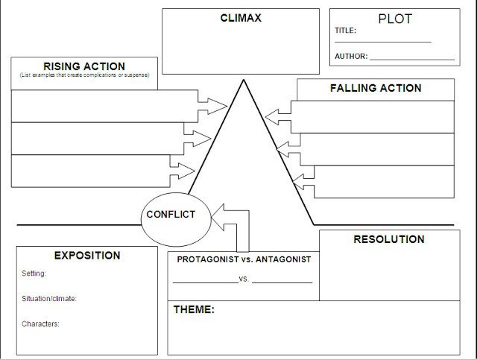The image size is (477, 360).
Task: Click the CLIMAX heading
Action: [241, 18]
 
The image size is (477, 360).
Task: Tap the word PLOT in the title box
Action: [395, 19]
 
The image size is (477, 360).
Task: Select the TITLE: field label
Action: [346, 31]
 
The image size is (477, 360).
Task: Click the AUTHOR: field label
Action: [350, 56]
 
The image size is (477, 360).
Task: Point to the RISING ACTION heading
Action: [83, 66]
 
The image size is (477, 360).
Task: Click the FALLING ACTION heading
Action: [375, 88]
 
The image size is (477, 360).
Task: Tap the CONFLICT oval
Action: [171, 215]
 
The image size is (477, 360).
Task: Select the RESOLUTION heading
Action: [388, 239]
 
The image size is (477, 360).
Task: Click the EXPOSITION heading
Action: [87, 256]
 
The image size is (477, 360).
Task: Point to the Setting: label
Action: [34, 274]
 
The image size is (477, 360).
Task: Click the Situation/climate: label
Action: [49, 299]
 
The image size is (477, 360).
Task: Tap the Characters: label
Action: [41, 324]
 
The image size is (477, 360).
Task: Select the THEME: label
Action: [194, 309]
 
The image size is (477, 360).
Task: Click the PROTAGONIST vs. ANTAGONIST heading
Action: [244, 259]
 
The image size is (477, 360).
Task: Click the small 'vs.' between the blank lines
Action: [244, 280]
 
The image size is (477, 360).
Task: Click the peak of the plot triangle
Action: [242, 80]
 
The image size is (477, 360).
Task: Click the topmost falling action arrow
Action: [277, 116]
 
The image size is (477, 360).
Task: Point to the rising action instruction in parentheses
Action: [84, 75]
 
